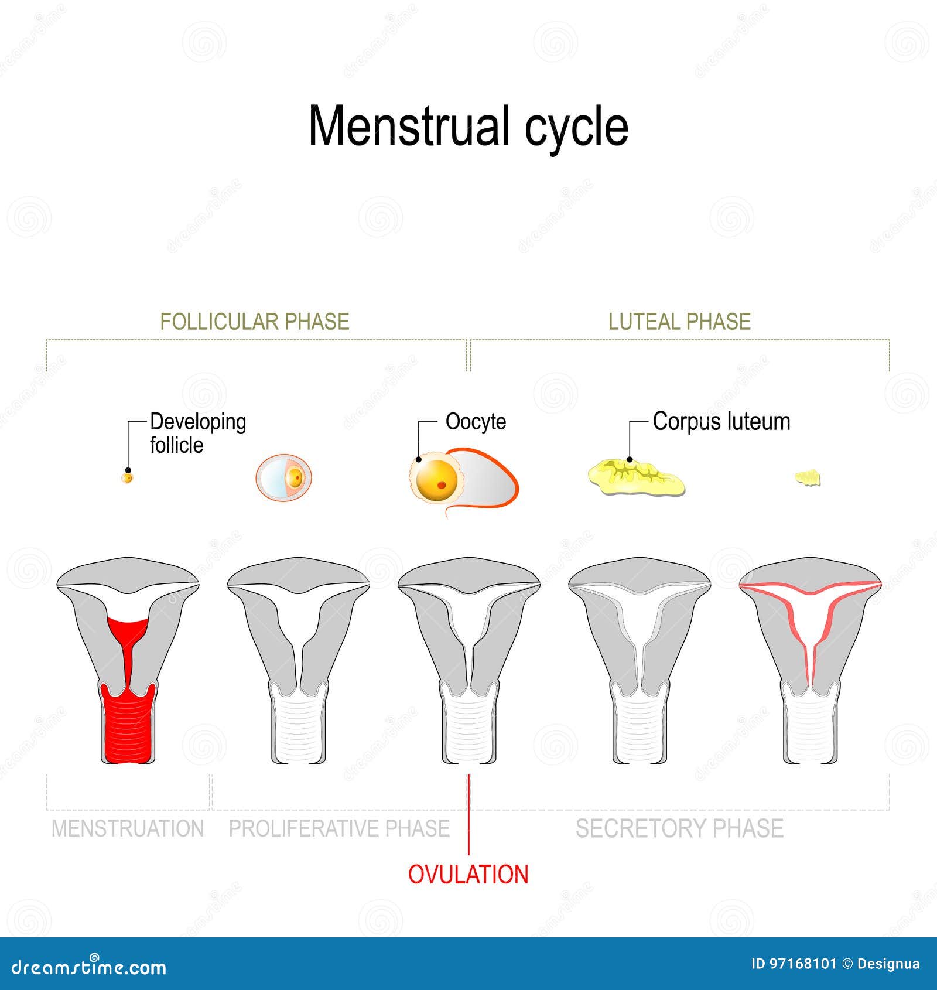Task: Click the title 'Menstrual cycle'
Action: (x=468, y=127)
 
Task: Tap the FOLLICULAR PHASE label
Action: (x=255, y=322)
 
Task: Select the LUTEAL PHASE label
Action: (x=679, y=322)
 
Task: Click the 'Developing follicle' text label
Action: (x=198, y=433)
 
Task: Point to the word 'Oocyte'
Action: (x=476, y=422)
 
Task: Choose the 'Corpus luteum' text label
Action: (x=721, y=422)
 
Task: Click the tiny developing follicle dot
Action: (x=127, y=478)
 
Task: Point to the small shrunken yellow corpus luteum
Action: (x=808, y=478)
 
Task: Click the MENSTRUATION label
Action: (x=128, y=829)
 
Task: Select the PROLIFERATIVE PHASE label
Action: (x=339, y=829)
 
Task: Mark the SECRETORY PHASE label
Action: (x=679, y=829)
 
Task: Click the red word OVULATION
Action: (x=468, y=875)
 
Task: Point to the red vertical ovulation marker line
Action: (x=468, y=814)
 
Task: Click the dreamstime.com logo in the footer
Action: (x=89, y=967)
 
